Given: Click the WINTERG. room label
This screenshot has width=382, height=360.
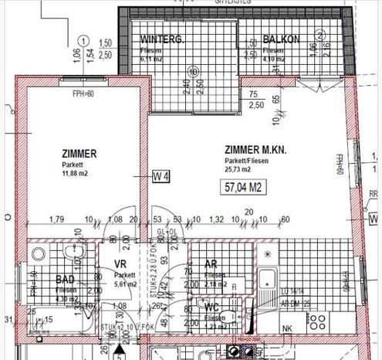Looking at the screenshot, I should pos(161,40).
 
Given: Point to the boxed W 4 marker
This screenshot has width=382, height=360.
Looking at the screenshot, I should pos(161,177).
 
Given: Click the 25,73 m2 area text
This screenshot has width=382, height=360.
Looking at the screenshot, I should pos(239,168).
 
